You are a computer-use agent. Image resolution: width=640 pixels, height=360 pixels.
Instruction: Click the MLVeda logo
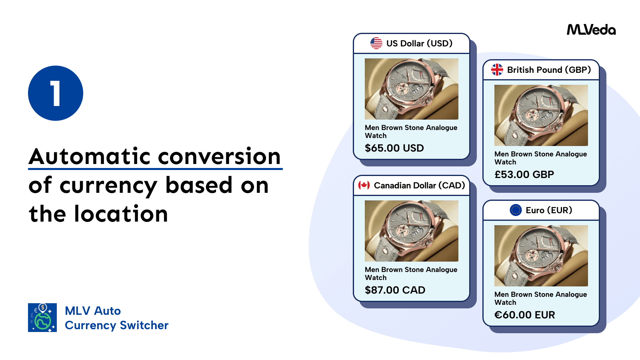point(591,30)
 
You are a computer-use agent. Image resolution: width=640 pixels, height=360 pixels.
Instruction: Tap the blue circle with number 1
point(56,93)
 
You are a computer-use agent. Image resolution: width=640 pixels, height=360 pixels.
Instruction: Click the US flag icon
point(376,43)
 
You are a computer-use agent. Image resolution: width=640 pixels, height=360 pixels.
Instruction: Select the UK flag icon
point(497,70)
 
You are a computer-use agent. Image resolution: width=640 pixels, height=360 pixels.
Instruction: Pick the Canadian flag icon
point(364,185)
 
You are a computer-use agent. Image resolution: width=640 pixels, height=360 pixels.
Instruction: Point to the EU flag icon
point(516,210)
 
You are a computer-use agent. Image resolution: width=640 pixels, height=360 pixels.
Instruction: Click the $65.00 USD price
point(394,148)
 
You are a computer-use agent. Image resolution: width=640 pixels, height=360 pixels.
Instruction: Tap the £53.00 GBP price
point(524,174)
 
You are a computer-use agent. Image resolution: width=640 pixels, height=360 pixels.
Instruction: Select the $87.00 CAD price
point(395,290)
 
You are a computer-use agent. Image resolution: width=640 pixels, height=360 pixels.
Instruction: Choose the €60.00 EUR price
point(524,315)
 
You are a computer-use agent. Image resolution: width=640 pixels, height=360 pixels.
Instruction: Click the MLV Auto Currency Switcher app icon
point(42,318)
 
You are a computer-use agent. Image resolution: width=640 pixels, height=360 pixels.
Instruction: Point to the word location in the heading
point(121,214)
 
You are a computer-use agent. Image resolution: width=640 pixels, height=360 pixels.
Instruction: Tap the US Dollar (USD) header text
point(419,43)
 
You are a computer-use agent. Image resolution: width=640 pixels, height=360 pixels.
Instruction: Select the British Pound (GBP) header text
point(549,70)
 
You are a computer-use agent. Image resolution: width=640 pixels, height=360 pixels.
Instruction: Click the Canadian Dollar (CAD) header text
point(419,185)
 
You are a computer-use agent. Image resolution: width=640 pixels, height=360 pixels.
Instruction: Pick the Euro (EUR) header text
point(549,210)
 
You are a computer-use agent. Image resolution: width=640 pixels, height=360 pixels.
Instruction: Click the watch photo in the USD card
point(412,89)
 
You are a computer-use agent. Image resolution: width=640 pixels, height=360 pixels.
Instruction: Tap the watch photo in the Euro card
point(541,256)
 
